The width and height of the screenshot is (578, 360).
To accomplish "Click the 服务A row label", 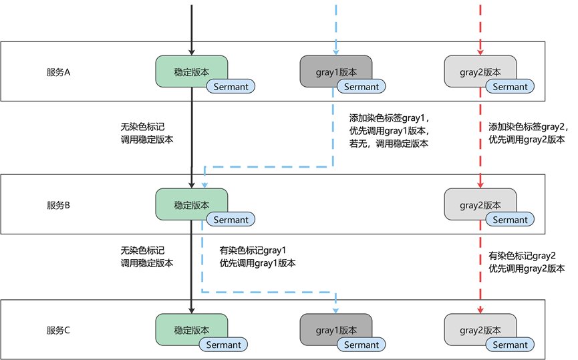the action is [58, 72].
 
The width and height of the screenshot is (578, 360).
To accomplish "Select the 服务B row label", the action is [58, 205].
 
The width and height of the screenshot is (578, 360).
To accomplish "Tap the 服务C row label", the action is [58, 330].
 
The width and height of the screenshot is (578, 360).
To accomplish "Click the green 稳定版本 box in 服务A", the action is [191, 71].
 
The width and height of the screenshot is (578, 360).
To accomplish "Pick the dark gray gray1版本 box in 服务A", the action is [336, 71].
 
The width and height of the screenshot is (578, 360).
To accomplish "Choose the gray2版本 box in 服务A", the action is [480, 71].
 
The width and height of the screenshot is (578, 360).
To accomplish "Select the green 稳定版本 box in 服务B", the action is [191, 204].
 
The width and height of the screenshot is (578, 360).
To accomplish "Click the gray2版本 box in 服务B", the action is [480, 204].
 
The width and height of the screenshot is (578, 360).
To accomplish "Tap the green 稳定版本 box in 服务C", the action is [191, 330].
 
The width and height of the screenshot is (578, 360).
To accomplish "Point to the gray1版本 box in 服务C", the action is [336, 330].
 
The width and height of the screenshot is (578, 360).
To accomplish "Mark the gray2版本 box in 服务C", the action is [480, 330].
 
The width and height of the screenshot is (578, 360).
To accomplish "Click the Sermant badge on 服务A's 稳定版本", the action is [231, 87].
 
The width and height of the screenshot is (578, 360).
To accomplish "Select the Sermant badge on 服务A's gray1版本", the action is [362, 87].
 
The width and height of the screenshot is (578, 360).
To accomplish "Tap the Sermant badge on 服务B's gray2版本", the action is [510, 220].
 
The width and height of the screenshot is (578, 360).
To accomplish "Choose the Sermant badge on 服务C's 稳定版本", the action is [223, 345].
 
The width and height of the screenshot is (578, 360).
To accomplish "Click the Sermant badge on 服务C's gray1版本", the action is [362, 345].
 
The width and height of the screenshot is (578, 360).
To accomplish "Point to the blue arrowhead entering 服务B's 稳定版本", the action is [204, 185].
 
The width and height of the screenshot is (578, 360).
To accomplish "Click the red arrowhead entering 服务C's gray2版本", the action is [480, 311].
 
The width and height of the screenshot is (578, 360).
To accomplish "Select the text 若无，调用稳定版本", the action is [388, 144].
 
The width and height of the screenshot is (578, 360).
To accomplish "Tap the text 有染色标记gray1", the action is [253, 251].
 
